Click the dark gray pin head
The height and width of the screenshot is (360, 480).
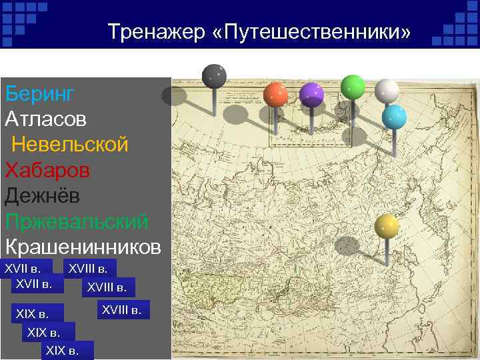tap(214, 76)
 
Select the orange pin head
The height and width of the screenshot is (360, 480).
tap(275, 95)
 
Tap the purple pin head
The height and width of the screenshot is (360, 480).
tap(311, 95)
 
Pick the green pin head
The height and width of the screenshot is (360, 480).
tap(352, 87)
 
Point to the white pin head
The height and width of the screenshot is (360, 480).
tap(387, 91)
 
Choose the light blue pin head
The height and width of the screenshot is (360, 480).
tap(394, 117)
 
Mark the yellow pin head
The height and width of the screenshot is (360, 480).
tap(387, 227)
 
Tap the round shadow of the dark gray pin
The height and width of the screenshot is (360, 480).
tap(175, 96)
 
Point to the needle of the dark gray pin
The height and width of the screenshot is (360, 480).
tap(214, 103)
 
